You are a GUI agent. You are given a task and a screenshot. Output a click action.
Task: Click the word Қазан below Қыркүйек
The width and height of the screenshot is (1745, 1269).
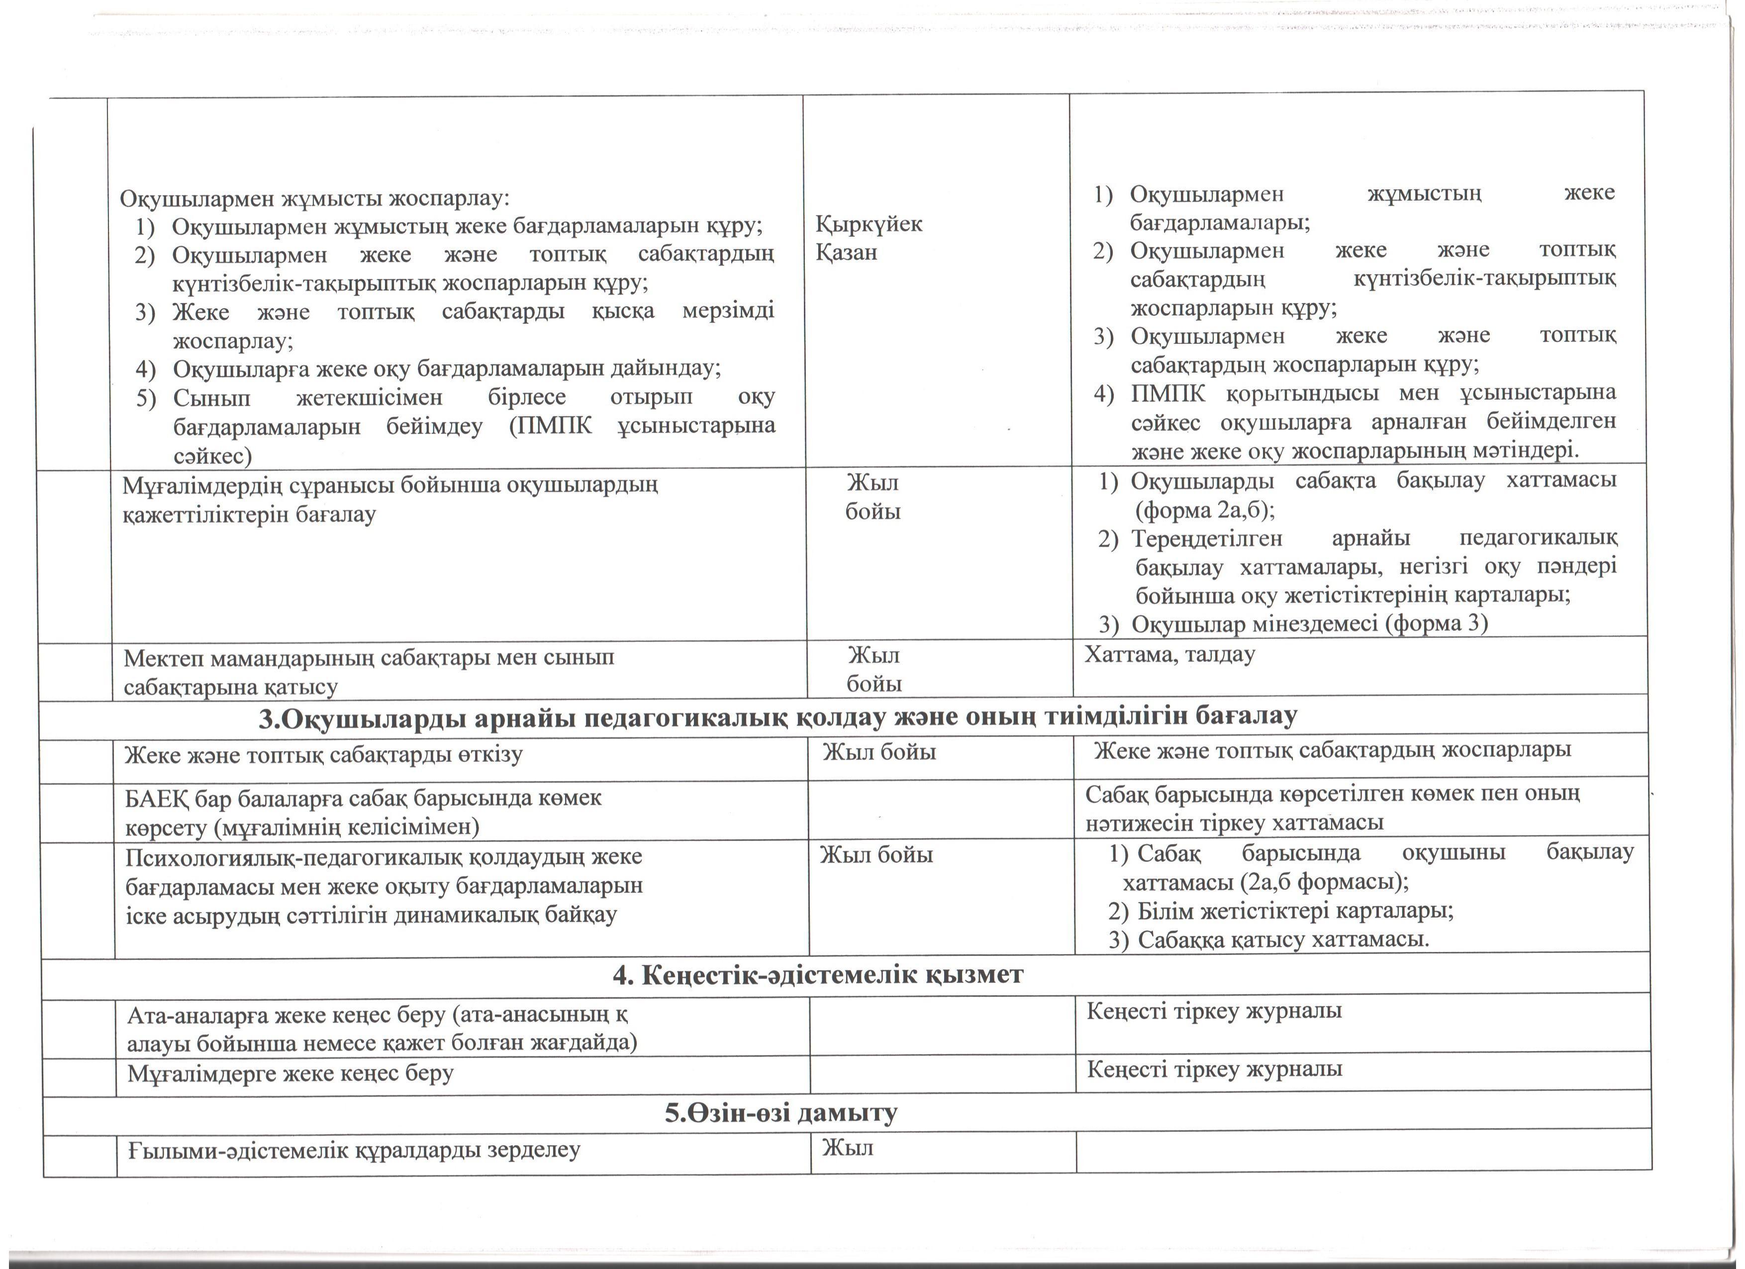click(846, 252)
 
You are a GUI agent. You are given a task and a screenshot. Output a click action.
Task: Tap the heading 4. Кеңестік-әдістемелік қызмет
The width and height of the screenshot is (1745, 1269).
click(818, 975)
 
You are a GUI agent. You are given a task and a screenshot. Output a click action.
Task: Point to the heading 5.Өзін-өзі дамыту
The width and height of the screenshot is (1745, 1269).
click(781, 1112)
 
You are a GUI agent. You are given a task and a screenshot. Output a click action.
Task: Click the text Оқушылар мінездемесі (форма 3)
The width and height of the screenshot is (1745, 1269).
click(1310, 624)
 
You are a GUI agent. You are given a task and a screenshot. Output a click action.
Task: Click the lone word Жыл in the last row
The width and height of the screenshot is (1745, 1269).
click(847, 1148)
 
